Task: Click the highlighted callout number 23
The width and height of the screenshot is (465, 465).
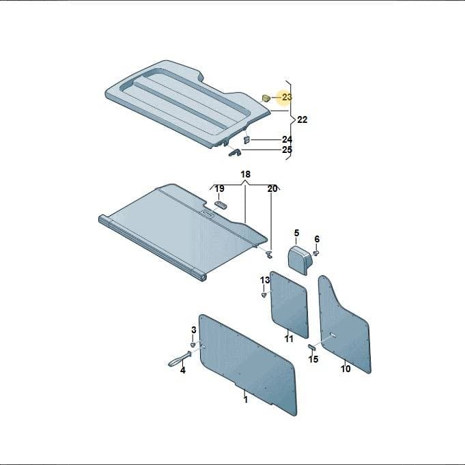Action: pyautogui.click(x=287, y=97)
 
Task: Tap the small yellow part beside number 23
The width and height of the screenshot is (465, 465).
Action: pyautogui.click(x=266, y=98)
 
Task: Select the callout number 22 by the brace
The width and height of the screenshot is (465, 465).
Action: pyautogui.click(x=302, y=119)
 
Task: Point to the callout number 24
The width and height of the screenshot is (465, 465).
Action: pyautogui.click(x=287, y=139)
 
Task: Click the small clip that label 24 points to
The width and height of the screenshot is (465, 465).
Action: pyautogui.click(x=246, y=140)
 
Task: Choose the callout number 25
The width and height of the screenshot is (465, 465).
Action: pyautogui.click(x=287, y=150)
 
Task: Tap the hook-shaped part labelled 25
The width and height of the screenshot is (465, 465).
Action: pyautogui.click(x=235, y=152)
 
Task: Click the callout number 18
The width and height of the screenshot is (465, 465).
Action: pyautogui.click(x=245, y=174)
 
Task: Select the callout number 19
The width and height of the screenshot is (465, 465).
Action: pyautogui.click(x=219, y=188)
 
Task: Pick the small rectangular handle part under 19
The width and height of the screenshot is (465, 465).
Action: pyautogui.click(x=221, y=205)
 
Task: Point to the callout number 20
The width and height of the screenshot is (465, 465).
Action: pyautogui.click(x=272, y=188)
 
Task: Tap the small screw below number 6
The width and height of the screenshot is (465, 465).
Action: pyautogui.click(x=316, y=253)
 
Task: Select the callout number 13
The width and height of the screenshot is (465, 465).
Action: pyautogui.click(x=265, y=280)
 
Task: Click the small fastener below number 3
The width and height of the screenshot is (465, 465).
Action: pyautogui.click(x=193, y=344)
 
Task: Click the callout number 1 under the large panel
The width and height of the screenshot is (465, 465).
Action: pyautogui.click(x=246, y=399)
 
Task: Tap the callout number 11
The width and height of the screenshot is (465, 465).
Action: pyautogui.click(x=289, y=339)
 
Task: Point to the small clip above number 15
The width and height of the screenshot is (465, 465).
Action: pyautogui.click(x=312, y=348)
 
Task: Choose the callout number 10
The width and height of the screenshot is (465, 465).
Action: pyautogui.click(x=346, y=369)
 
